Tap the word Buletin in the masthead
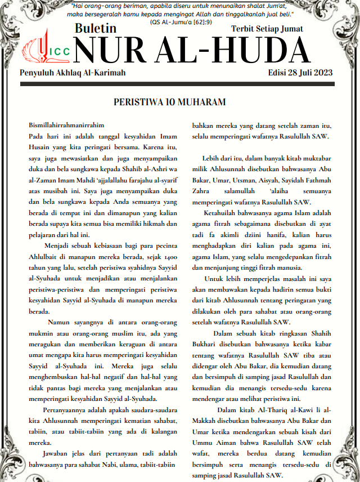tap(96, 28)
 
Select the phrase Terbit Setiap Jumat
tap(267, 29)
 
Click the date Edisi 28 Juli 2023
tap(301, 73)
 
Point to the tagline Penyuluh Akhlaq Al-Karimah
tap(73, 73)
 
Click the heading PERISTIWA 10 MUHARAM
tap(162, 102)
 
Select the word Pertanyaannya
tap(65, 409)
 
